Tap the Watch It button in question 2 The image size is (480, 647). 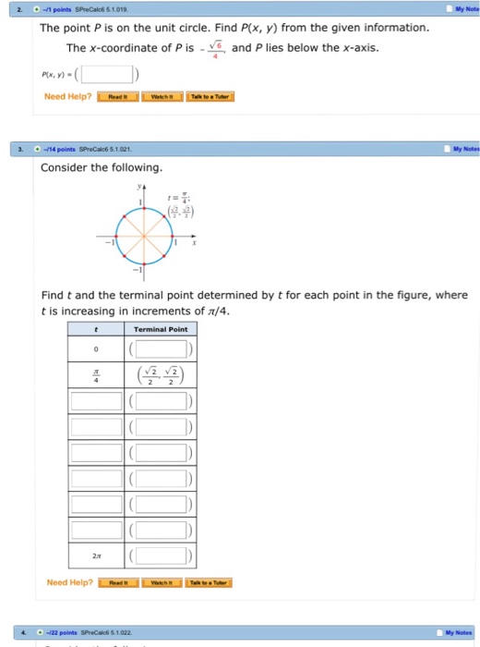(162, 96)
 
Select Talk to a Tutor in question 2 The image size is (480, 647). (210, 96)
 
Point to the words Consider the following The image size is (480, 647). (102, 167)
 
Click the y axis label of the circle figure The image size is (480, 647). (140, 186)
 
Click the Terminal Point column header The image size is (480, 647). (160, 329)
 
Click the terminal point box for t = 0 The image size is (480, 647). (161, 348)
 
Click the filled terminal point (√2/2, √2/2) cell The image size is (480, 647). (161, 374)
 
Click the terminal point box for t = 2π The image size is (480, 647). (161, 555)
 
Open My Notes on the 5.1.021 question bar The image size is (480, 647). (462, 149)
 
